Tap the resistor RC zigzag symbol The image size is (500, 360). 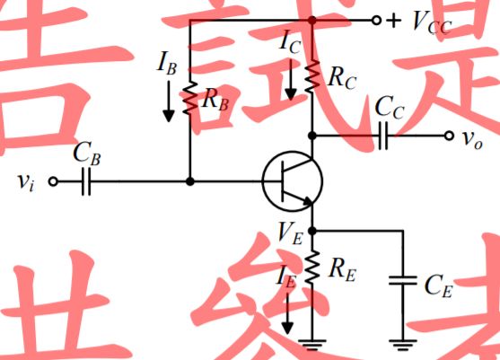(311, 77)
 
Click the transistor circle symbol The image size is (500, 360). (293, 181)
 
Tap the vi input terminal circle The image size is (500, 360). (52, 181)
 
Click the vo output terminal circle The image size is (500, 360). (449, 136)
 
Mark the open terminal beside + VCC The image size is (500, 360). (375, 20)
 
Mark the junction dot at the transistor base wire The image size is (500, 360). (190, 181)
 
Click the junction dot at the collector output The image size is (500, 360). (311, 136)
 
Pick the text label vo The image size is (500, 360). (472, 137)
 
